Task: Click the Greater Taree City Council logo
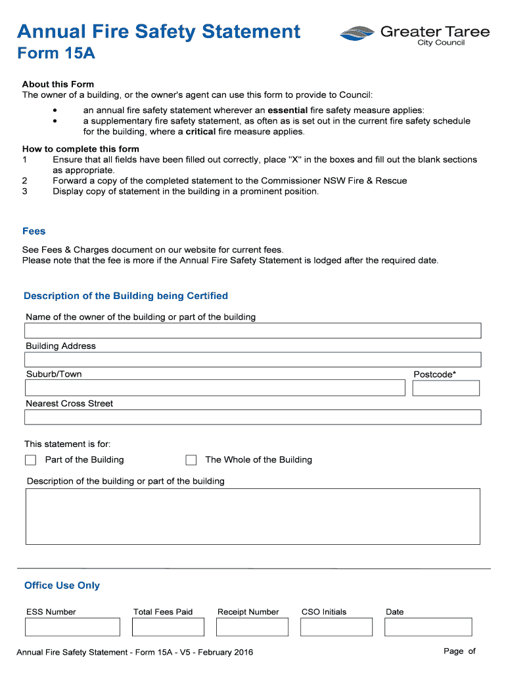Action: coord(414,34)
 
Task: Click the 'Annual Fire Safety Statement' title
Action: coord(158,32)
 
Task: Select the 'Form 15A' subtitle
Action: coord(56,54)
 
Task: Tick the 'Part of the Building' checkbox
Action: coord(30,460)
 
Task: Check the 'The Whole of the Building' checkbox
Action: coord(191,460)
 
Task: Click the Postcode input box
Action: coord(446,388)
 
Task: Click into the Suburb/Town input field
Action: coord(215,388)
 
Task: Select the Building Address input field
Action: coord(252,360)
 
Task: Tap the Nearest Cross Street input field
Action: coord(252,417)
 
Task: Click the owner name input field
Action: coord(252,331)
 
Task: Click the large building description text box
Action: coord(252,517)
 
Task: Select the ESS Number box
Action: coord(72,627)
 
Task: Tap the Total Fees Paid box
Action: coord(168,627)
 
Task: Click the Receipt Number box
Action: coord(252,627)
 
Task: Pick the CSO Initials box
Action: coord(336,627)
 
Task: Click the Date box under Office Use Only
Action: coord(428,627)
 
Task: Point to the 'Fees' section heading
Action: coord(34,231)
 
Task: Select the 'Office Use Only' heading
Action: coord(62,586)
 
